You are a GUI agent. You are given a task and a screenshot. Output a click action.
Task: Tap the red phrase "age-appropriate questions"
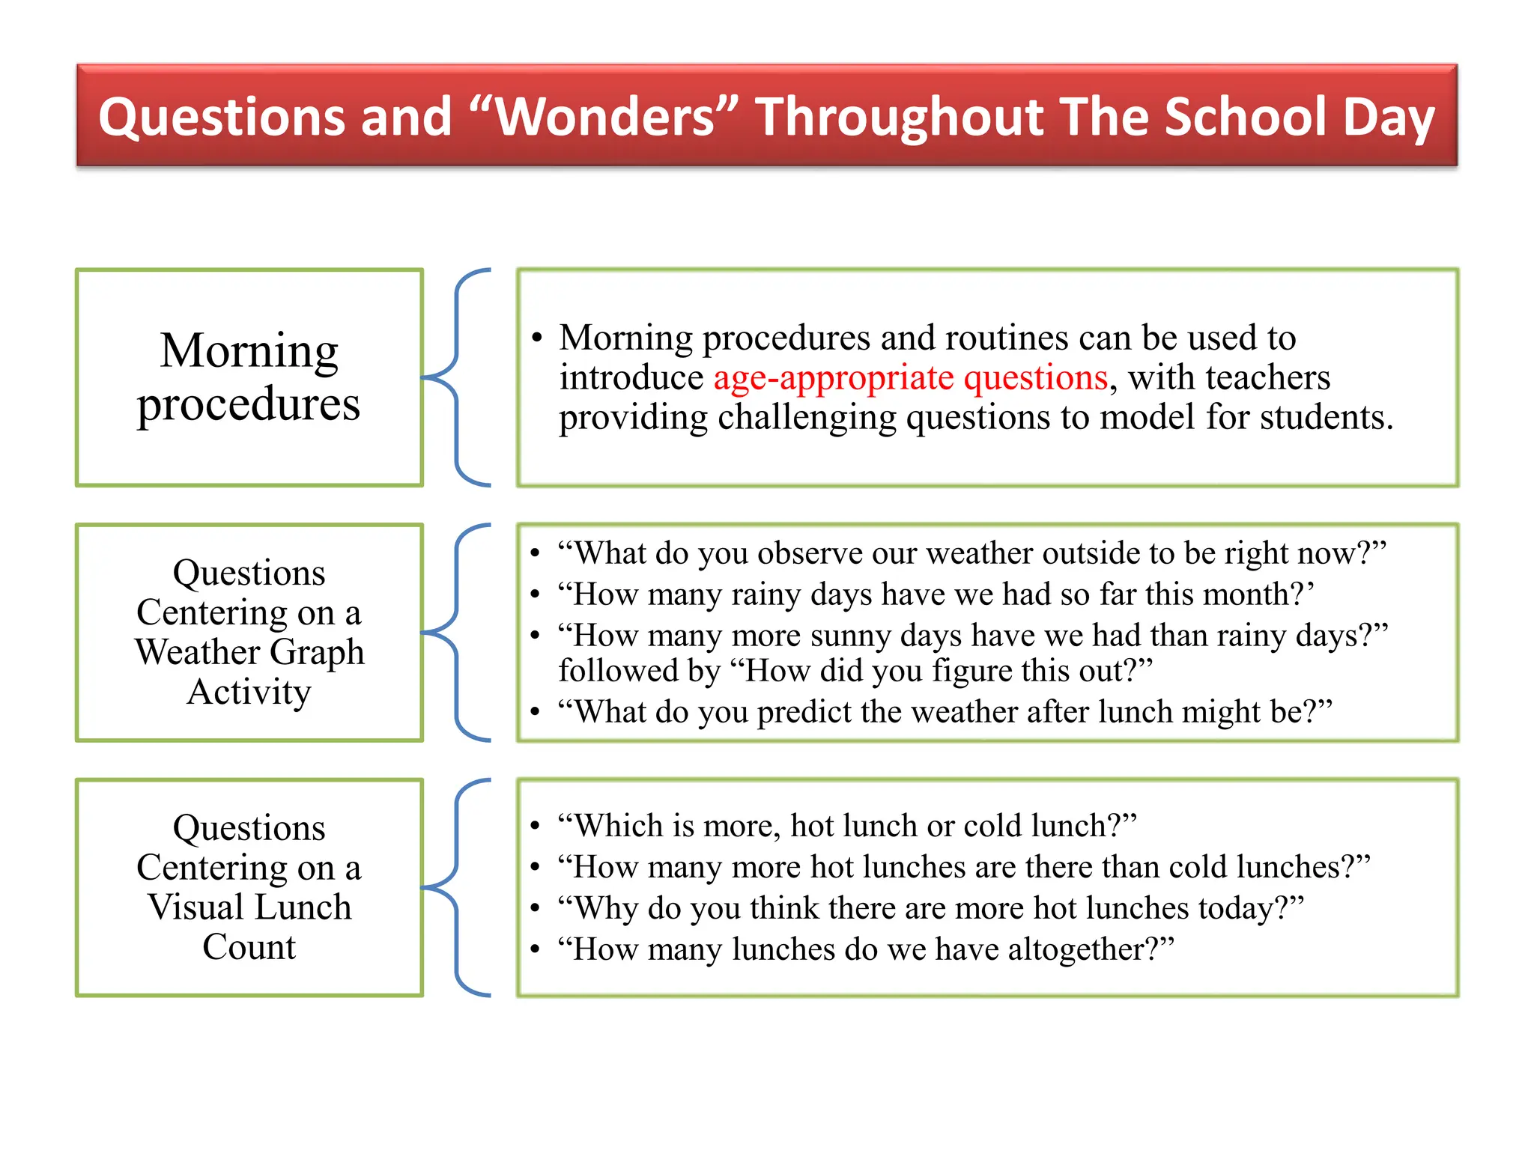click(910, 377)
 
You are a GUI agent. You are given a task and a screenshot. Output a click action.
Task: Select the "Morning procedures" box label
click(249, 377)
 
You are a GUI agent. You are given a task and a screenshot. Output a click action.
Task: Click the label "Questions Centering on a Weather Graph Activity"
click(249, 632)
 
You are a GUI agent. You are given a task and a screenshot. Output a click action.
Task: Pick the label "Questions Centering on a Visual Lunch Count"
click(249, 887)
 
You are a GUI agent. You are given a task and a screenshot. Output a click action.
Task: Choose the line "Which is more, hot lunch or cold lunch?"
click(847, 826)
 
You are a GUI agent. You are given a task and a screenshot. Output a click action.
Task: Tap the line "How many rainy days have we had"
click(936, 594)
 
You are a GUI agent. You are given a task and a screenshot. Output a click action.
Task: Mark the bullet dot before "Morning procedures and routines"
click(536, 338)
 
